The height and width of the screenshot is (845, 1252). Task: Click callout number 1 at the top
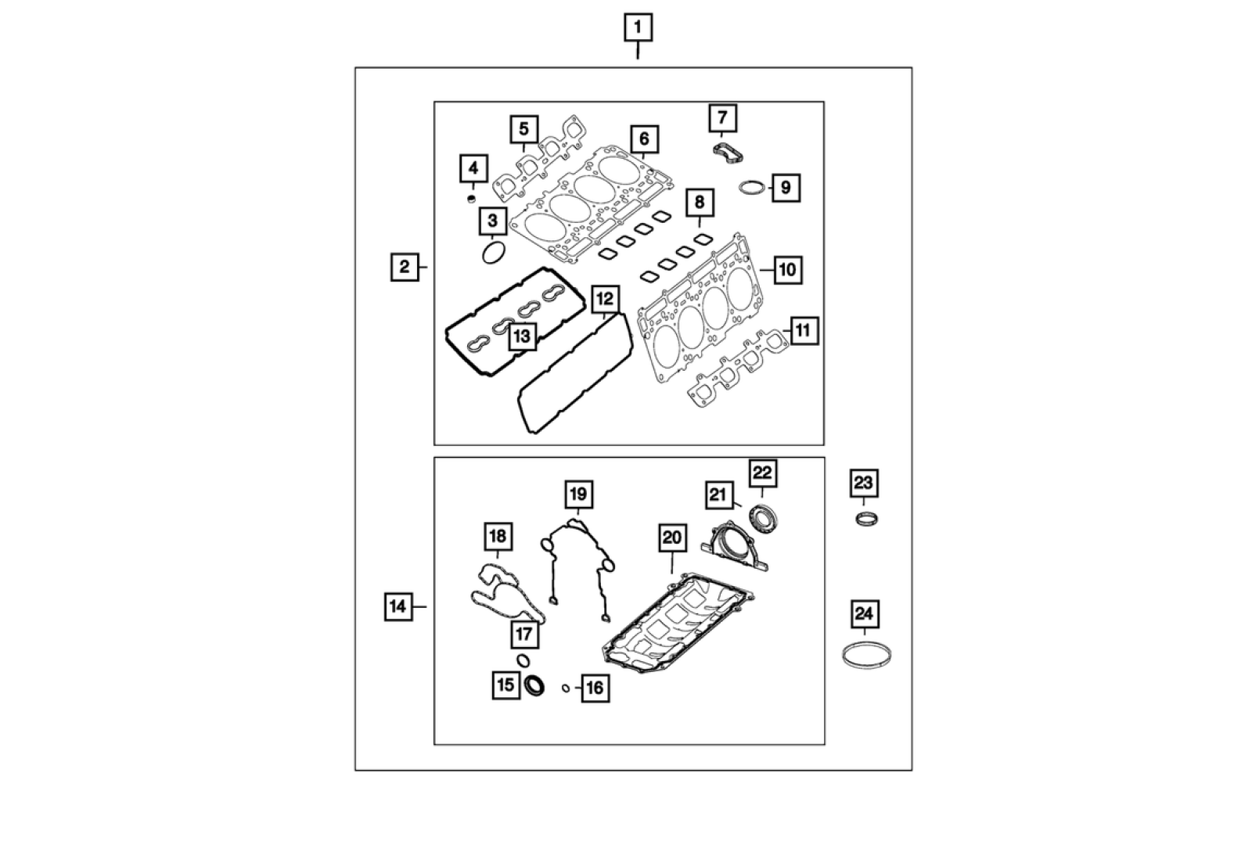638,27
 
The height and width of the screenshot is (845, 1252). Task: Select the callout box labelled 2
405,267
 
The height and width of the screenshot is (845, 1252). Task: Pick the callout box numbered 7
723,118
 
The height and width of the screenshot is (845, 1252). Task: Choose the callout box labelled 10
787,270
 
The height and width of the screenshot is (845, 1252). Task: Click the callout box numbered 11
803,331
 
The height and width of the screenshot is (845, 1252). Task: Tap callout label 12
605,299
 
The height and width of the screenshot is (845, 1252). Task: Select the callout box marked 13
522,336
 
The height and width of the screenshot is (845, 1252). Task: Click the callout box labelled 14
398,606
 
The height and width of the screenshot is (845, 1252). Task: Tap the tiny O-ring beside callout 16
566,688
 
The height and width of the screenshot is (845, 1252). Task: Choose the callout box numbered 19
578,494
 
